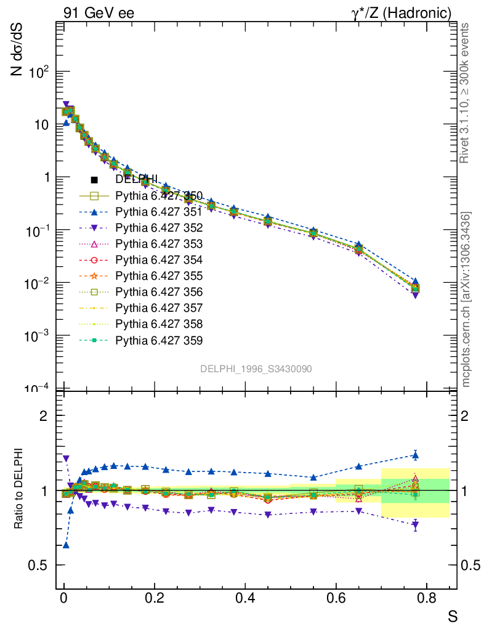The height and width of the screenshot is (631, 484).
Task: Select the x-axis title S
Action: [x=453, y=615]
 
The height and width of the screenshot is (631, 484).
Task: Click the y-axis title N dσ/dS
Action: [x=18, y=54]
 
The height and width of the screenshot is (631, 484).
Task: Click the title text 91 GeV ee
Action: [x=99, y=13]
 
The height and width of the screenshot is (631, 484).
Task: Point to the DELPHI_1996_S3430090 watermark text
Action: [x=256, y=368]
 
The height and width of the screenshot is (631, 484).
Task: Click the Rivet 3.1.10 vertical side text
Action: [x=466, y=92]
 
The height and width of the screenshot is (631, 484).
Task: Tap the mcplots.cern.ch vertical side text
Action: [x=466, y=299]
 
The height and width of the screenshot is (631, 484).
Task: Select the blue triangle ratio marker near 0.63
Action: [x=66, y=545]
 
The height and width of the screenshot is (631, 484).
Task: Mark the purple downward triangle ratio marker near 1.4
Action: [x=66, y=458]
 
